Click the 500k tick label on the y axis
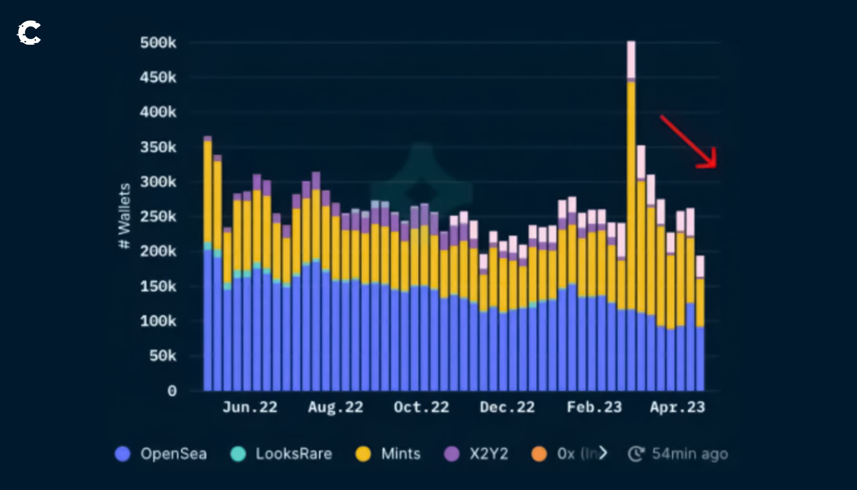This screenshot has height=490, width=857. coord(158,43)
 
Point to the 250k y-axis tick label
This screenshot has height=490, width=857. coord(158,217)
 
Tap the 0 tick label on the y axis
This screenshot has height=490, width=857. coord(172,391)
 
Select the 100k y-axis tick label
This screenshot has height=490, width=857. coord(158,321)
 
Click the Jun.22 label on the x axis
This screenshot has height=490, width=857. coord(250,407)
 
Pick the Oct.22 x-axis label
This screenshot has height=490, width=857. coord(421,407)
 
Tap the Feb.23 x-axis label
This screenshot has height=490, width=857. coord(594,407)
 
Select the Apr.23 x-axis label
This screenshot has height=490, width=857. coord(678,407)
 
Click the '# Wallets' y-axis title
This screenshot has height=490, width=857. coord(124,216)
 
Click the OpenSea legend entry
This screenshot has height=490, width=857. coord(162,454)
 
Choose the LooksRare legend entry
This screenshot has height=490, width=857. coord(281,454)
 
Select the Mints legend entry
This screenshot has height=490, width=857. coord(389,454)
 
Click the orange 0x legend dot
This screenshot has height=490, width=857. coord(539,454)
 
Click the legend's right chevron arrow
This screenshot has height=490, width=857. coord(603,453)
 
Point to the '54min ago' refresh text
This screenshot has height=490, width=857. coord(689,454)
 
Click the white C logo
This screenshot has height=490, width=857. coord(29,33)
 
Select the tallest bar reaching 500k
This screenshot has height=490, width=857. coord(631,214)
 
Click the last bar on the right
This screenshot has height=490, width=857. coord(700,324)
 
